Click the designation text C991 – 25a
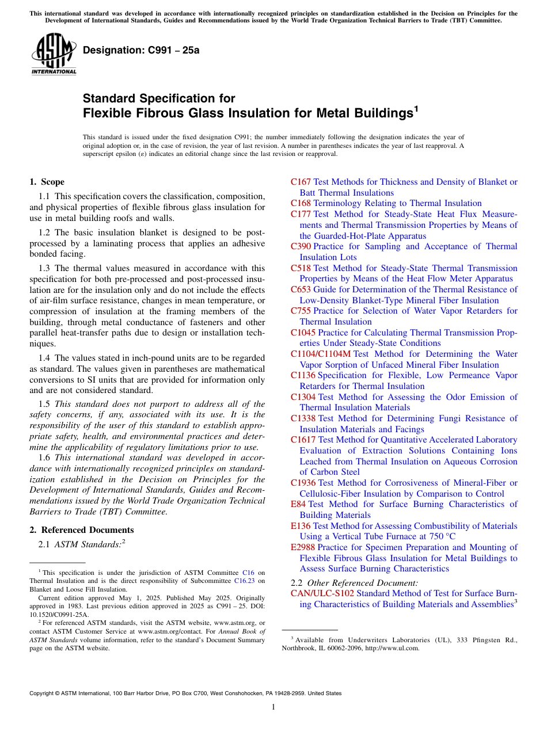(x=141, y=50)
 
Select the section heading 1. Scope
(x=47, y=182)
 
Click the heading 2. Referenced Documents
(x=82, y=530)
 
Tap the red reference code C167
(x=301, y=182)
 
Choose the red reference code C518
(x=301, y=268)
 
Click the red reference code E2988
(x=303, y=547)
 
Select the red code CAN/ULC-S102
(x=322, y=593)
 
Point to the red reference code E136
(x=301, y=526)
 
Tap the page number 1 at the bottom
(x=273, y=707)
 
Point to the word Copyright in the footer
(x=41, y=693)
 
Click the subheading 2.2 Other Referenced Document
(x=354, y=583)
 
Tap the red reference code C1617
(x=303, y=440)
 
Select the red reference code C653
(x=301, y=289)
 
